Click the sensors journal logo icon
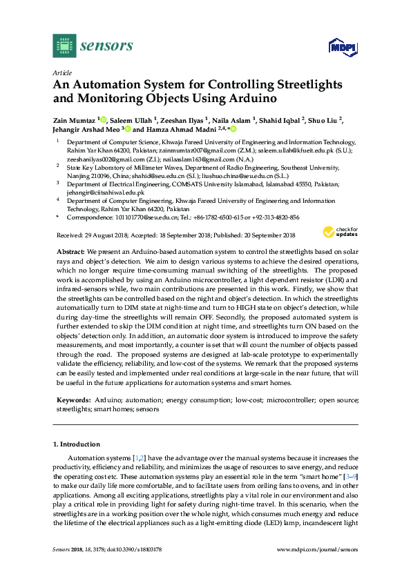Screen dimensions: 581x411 coord(64,46)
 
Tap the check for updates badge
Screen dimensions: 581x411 coord(342,232)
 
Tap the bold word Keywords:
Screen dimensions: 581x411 coord(73,400)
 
